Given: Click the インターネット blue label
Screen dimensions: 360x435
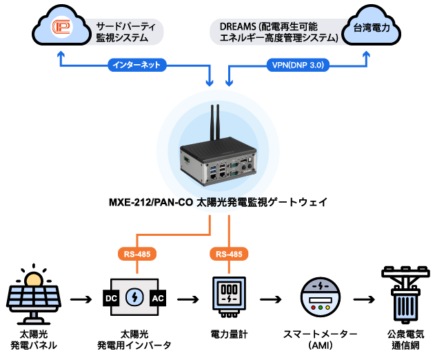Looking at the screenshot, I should click(x=135, y=66).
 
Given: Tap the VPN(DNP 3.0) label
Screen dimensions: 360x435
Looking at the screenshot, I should click(x=298, y=66).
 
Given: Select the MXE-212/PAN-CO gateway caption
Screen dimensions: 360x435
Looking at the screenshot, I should click(x=218, y=203).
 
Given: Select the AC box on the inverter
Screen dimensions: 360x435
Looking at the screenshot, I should click(x=157, y=299).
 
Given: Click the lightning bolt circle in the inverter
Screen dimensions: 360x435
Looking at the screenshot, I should click(x=134, y=299).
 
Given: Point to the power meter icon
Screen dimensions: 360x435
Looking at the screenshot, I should click(x=228, y=297).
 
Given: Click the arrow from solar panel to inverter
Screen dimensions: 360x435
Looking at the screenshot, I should click(x=80, y=299).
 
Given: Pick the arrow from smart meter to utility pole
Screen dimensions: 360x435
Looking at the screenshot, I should click(x=363, y=299).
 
